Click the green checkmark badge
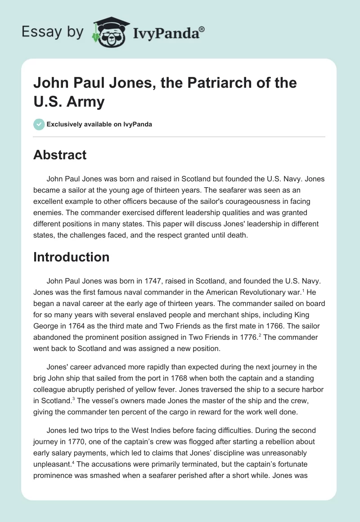coord(39,124)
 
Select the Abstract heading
coord(60,155)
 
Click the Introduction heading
coord(72,257)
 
